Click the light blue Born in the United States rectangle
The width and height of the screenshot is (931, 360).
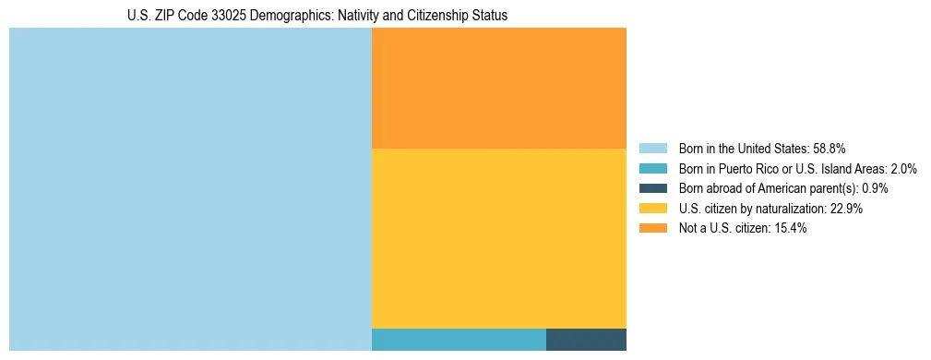(x=190, y=189)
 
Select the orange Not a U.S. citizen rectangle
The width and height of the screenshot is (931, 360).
(x=498, y=88)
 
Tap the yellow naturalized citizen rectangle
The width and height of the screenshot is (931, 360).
(x=498, y=238)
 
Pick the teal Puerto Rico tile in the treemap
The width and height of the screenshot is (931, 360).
(x=459, y=340)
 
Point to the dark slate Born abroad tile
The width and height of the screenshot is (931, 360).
(x=586, y=340)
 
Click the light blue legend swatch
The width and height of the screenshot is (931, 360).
(x=652, y=149)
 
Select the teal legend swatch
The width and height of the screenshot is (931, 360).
(x=652, y=169)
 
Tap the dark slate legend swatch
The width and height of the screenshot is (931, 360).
(x=652, y=188)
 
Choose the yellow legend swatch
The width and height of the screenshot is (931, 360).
(x=652, y=209)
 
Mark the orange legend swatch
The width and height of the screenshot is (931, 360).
(x=652, y=228)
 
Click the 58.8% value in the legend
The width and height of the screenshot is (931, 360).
(x=830, y=149)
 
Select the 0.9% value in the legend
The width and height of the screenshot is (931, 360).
(x=874, y=188)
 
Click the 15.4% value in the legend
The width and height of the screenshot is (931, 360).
(x=791, y=228)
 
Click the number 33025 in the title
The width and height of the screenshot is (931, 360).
(x=230, y=16)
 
